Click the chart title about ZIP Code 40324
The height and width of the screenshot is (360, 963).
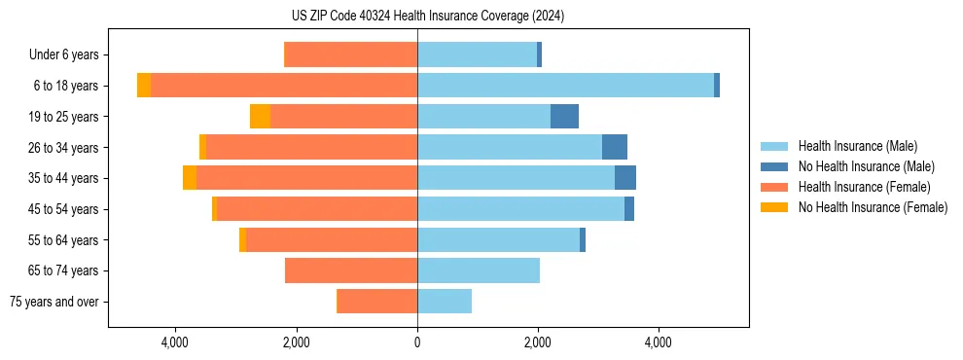coord(427,16)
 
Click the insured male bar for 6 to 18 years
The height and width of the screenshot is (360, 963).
coord(565,86)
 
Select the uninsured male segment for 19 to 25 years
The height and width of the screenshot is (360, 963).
coord(564,117)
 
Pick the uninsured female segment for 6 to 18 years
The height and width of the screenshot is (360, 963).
coord(144,86)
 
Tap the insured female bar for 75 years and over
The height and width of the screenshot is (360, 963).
coord(376,302)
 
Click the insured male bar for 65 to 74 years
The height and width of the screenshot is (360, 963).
coord(478,270)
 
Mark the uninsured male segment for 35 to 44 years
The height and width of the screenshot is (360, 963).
coord(624,178)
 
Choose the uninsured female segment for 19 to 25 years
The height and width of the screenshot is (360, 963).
coord(260,117)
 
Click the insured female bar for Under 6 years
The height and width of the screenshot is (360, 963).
coord(350,55)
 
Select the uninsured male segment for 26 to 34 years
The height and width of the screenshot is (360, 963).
coord(614,147)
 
